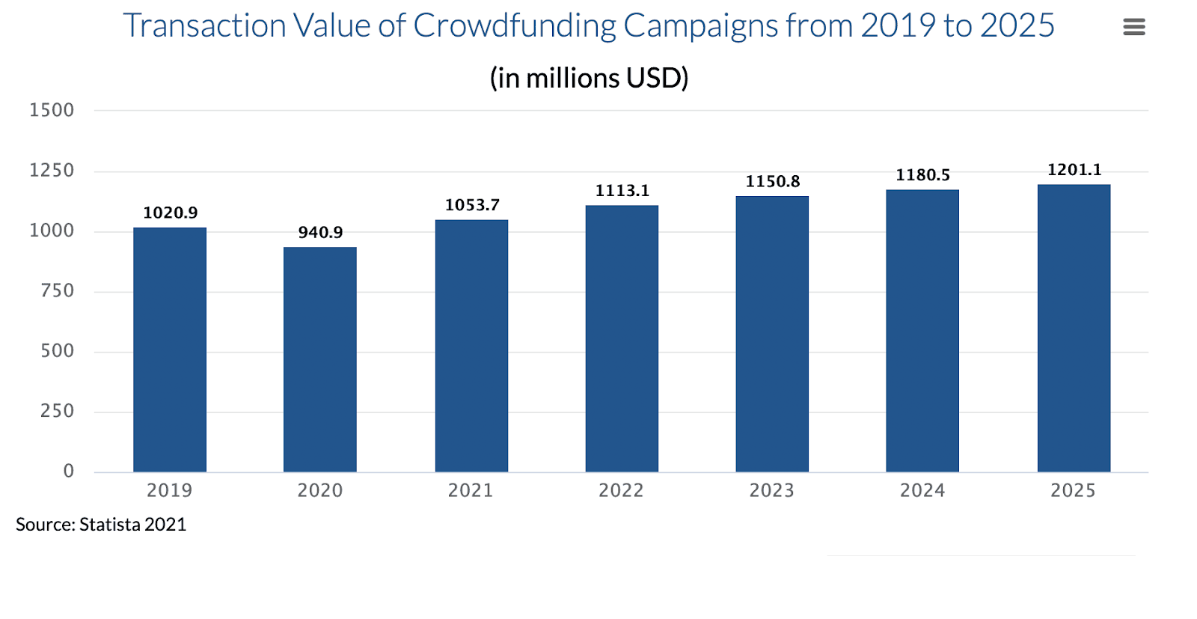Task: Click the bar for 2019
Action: pyautogui.click(x=170, y=350)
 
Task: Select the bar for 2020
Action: pyautogui.click(x=320, y=359)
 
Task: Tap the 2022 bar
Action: pyautogui.click(x=622, y=338)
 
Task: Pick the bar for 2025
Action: pyautogui.click(x=1074, y=328)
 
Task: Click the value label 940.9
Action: pyautogui.click(x=320, y=233)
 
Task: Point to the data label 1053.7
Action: pyautogui.click(x=472, y=205)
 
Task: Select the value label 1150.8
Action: pyautogui.click(x=773, y=182)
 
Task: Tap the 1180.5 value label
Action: pyautogui.click(x=923, y=175)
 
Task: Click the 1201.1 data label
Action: pyautogui.click(x=1074, y=170)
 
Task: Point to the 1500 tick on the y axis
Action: pyautogui.click(x=52, y=111)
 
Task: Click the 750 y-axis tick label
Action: pyautogui.click(x=57, y=291)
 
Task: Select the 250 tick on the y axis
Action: pyautogui.click(x=57, y=411)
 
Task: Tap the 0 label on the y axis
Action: pyautogui.click(x=69, y=471)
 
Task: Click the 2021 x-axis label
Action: pyautogui.click(x=471, y=491)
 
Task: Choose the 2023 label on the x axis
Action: pyautogui.click(x=772, y=491)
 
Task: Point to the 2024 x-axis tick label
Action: pyautogui.click(x=922, y=491)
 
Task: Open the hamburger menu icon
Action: pyautogui.click(x=1134, y=28)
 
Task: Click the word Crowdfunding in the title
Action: pyautogui.click(x=515, y=26)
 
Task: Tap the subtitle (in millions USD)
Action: pyautogui.click(x=589, y=78)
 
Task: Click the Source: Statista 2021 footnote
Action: pyautogui.click(x=101, y=525)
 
